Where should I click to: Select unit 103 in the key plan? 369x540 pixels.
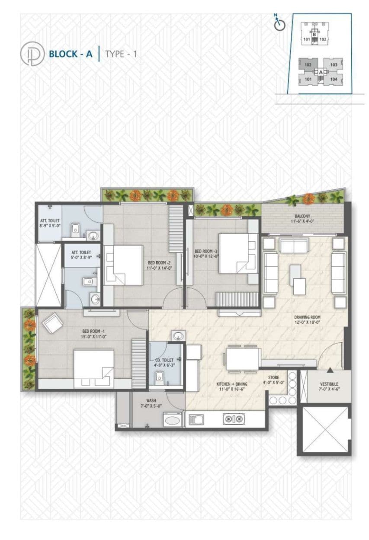coord(334,65)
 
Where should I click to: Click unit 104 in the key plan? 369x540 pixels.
coord(334,79)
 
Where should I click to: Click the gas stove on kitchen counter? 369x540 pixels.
coord(234,419)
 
